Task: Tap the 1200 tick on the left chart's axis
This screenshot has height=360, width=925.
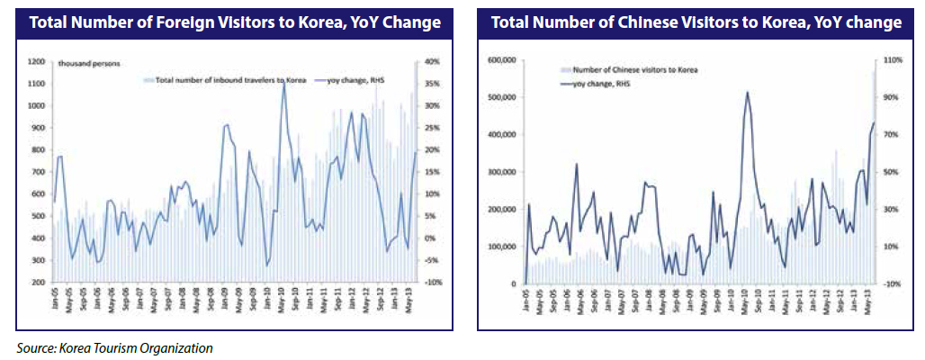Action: coord(36,62)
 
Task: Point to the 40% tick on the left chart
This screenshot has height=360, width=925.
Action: coord(429,62)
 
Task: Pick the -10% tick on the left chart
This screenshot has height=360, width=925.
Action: coord(429,283)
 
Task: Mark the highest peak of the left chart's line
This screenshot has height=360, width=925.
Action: coord(283,84)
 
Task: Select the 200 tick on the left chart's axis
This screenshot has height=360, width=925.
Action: coord(39,283)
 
